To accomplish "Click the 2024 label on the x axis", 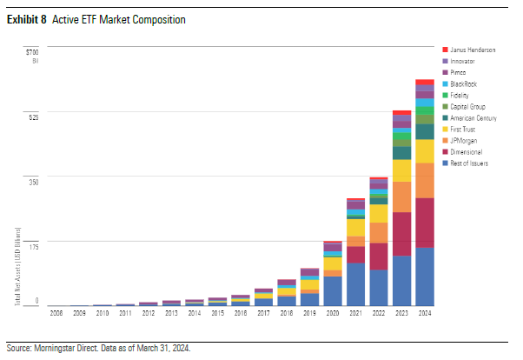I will coord(424,311).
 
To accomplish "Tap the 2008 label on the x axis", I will coord(56,311).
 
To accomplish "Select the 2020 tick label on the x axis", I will coord(333,311).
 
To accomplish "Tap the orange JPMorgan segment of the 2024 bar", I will coord(424,180).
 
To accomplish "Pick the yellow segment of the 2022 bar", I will coord(378,213).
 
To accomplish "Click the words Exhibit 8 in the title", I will coord(27,18).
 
